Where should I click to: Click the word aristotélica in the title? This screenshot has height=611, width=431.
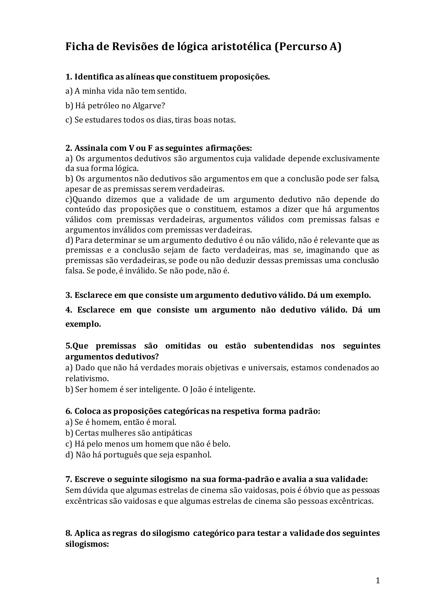pos(241,47)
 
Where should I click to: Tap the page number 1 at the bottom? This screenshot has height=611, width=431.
pos(378,581)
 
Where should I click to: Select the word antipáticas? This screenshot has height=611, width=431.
pos(172,433)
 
